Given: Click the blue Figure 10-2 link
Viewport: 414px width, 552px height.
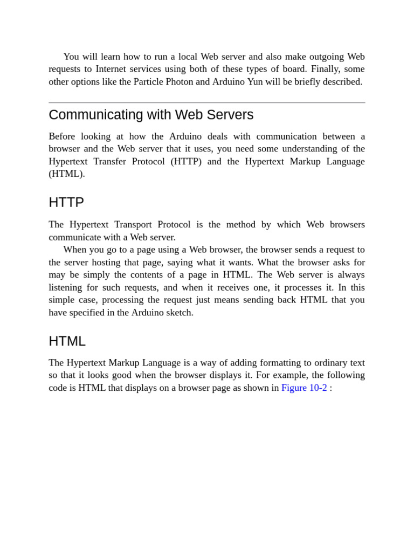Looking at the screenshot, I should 304,388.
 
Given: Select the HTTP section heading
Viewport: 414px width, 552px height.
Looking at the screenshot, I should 66,203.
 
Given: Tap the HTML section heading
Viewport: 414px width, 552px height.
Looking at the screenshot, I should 67,341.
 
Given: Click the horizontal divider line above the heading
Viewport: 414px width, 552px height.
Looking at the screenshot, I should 206,102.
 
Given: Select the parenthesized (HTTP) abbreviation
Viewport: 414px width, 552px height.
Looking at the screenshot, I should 186,161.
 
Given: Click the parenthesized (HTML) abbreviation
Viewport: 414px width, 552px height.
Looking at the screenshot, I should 66,174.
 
